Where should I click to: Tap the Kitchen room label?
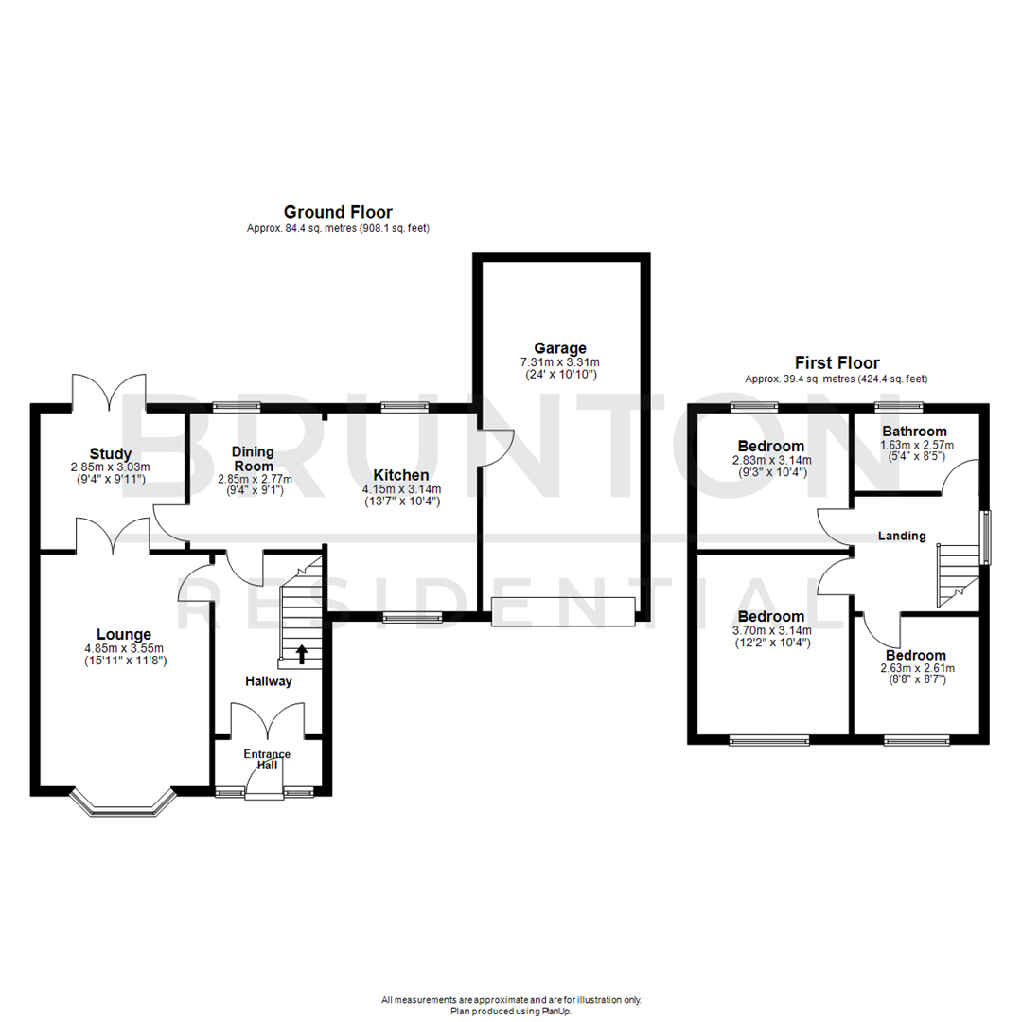[400, 474]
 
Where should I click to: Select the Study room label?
[111, 453]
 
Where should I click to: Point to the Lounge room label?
[123, 633]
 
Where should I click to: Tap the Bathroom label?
[914, 432]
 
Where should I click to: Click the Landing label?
[901, 536]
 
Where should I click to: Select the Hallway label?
[269, 680]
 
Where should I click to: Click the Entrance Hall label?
[268, 759]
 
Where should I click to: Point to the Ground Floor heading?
[338, 212]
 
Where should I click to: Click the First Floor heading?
[837, 362]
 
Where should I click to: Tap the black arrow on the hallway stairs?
[303, 652]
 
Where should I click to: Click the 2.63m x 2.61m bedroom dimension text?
[916, 668]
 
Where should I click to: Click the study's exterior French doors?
[109, 391]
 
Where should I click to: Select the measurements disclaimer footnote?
[511, 999]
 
